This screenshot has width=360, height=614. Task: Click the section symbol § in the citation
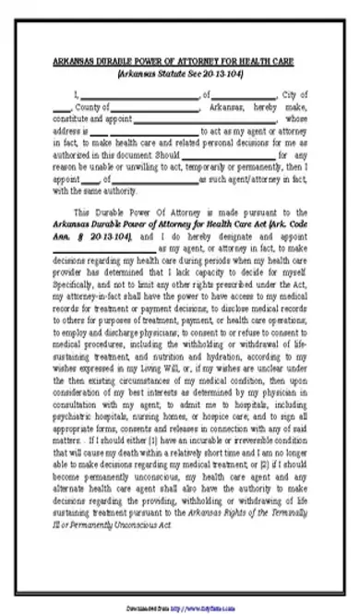(x=86, y=236)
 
